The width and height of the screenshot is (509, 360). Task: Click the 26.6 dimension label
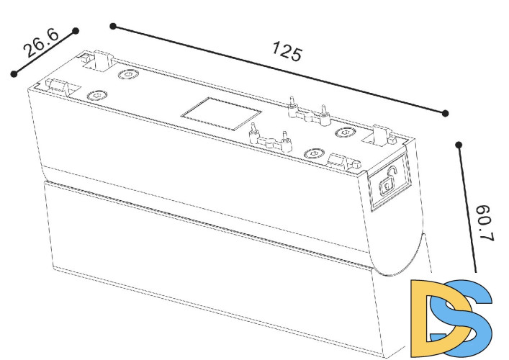point(42,43)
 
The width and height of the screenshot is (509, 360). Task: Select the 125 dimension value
point(287,51)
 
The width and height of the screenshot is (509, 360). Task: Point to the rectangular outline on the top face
point(222,114)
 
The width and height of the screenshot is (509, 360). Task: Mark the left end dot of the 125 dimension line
point(113,27)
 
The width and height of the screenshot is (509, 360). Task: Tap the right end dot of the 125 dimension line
point(446,113)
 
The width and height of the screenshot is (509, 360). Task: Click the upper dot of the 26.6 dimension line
point(76,31)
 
